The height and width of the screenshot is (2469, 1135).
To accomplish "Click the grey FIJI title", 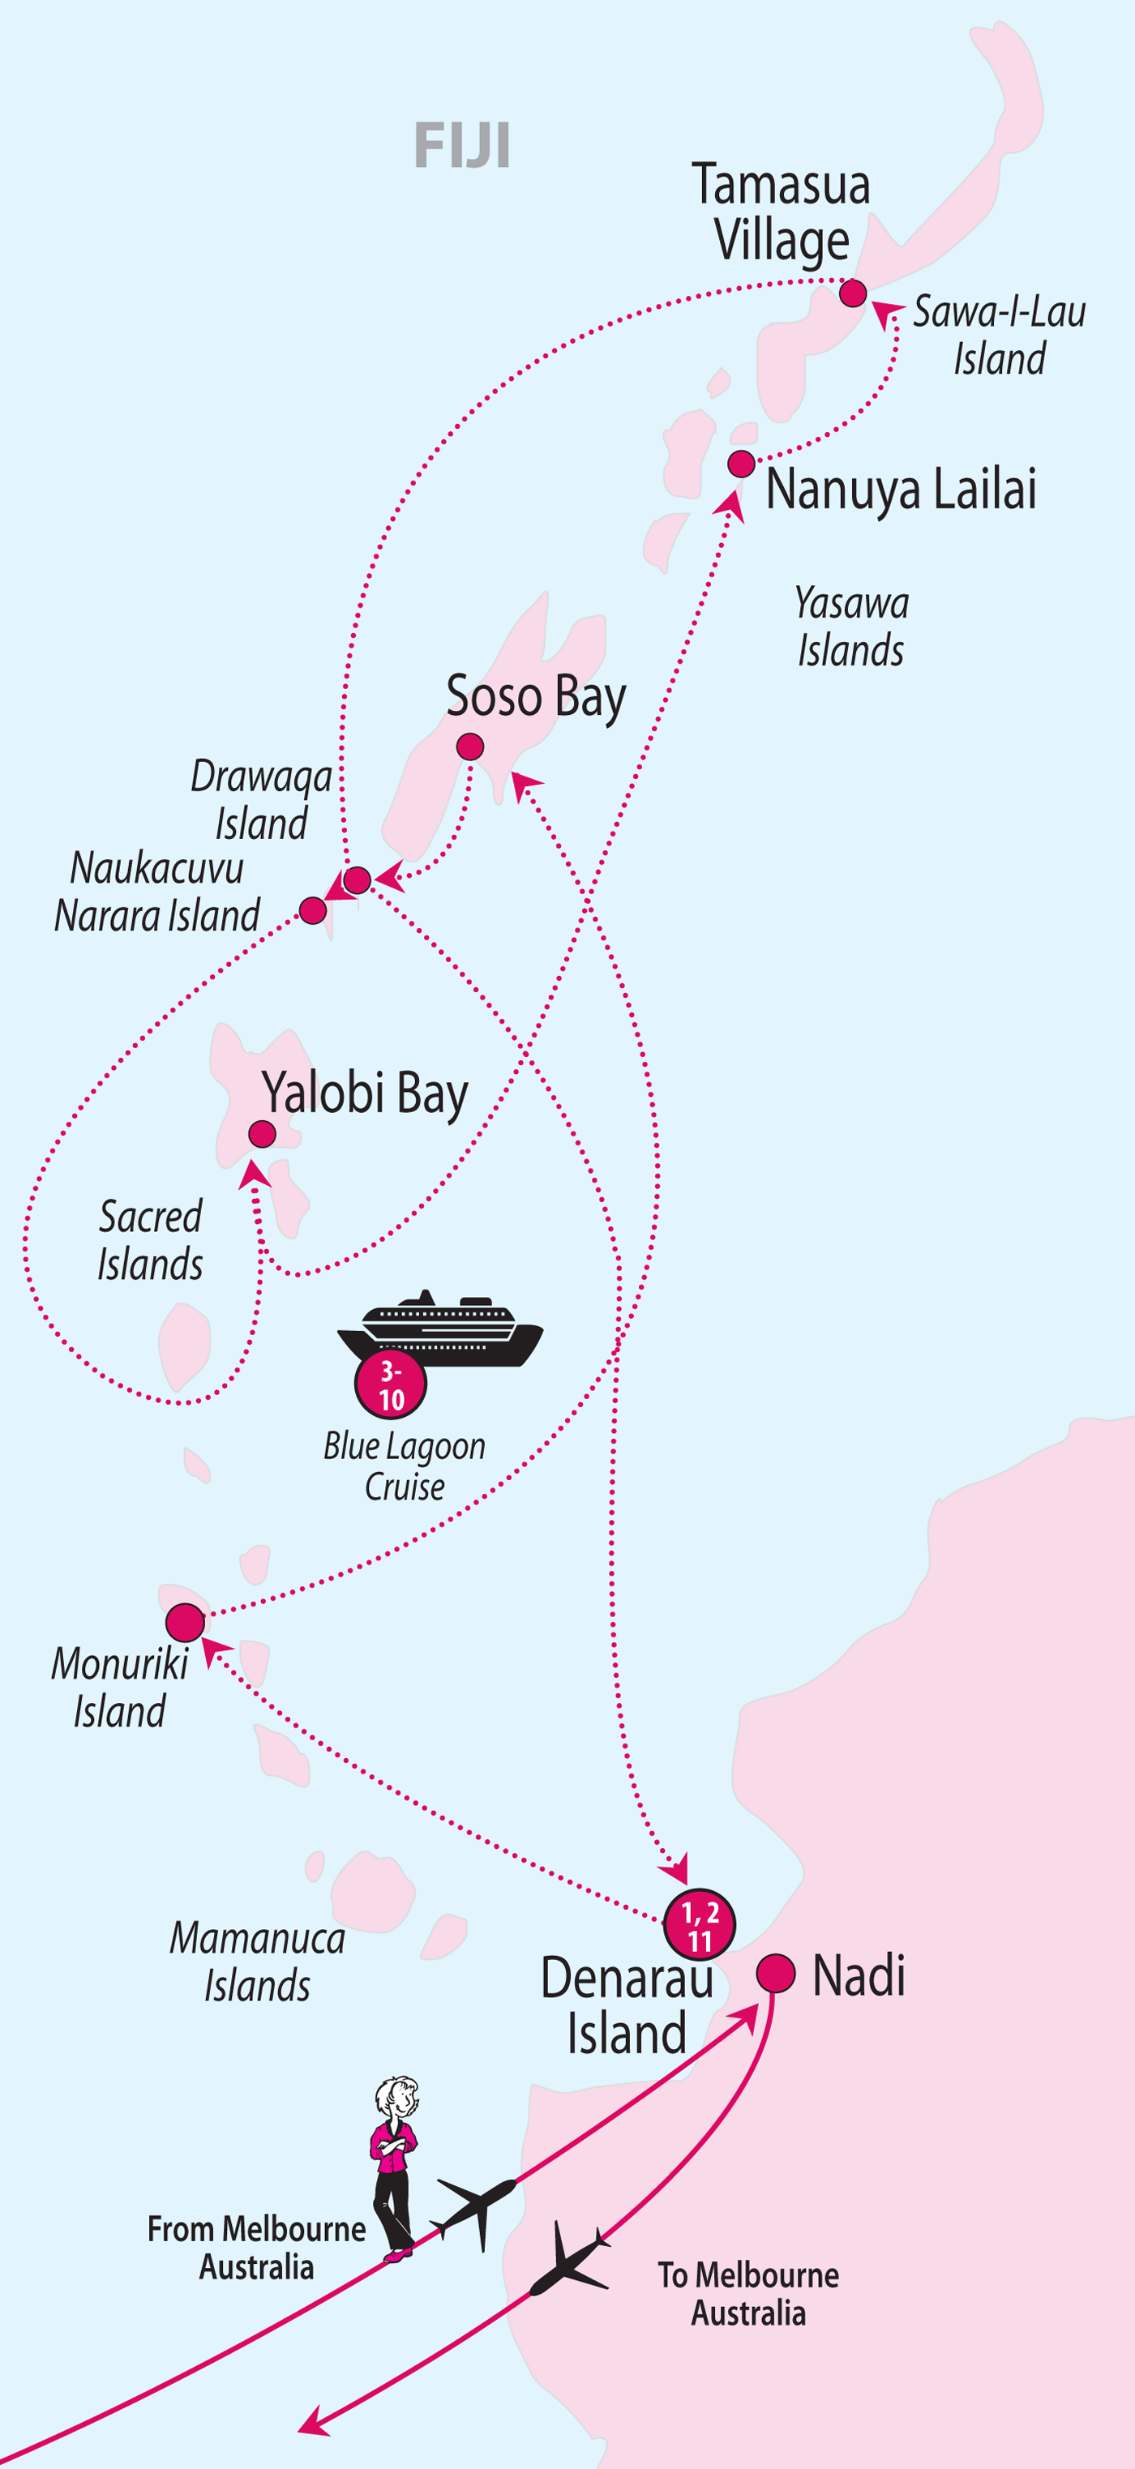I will (461, 146).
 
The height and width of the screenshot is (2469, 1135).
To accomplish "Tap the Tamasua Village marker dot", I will (852, 293).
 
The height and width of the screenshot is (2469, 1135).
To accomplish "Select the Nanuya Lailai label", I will (900, 490).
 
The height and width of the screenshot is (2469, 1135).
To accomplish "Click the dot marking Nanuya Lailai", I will (741, 464).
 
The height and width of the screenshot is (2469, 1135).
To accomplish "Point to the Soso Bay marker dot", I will (469, 746).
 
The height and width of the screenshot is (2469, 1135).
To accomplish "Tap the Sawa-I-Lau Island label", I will (998, 335).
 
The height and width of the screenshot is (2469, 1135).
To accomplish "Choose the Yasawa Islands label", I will (851, 627).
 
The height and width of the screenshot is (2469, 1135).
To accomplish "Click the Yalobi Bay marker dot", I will (262, 1134).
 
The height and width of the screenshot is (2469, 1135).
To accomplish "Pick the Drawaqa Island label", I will (261, 799).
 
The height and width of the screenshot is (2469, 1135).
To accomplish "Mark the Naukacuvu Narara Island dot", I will (312, 909).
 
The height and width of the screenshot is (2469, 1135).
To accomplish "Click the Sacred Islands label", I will (151, 1240).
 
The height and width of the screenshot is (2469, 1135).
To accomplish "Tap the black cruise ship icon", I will (441, 1329).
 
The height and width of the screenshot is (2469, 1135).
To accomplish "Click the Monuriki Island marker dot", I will (185, 1623).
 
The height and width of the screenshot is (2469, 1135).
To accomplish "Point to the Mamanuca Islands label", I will (257, 1961).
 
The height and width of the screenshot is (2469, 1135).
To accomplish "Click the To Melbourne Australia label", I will (747, 2294).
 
